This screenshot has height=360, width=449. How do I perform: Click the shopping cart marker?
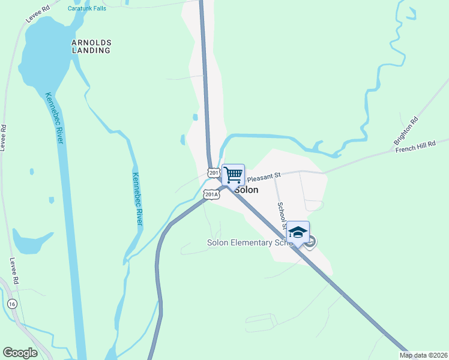click(233, 175)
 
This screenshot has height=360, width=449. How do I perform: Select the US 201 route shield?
click(214, 172)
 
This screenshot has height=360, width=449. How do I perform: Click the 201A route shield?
click(211, 194)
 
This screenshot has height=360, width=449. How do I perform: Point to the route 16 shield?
click(12, 304)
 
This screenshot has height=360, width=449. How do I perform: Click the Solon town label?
click(247, 190)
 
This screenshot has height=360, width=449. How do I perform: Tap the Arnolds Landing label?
click(91, 47)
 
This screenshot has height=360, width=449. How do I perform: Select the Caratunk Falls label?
click(86, 8)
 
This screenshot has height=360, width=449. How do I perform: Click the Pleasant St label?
click(264, 177)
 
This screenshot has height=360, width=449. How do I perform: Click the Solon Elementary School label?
click(250, 243)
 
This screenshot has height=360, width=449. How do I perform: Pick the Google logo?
click(20, 353)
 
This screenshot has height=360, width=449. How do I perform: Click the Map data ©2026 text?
click(423, 355)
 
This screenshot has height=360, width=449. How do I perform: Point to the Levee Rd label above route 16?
click(16, 273)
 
